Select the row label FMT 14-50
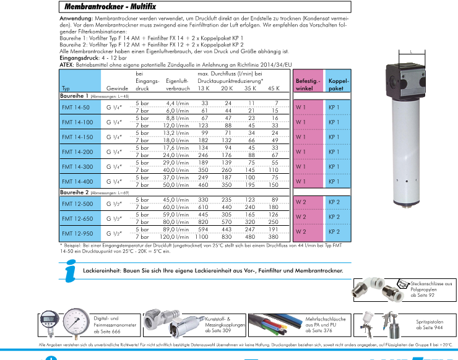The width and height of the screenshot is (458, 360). click(x=73, y=106)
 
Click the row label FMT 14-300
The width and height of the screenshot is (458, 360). click(x=75, y=167)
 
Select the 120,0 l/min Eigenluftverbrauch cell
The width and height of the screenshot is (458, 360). click(x=175, y=236)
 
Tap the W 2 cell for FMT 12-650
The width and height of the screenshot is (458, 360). click(x=301, y=216)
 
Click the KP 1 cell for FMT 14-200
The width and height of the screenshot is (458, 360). click(x=334, y=152)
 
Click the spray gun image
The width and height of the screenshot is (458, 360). click(x=387, y=320)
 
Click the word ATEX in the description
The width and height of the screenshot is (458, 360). click(x=67, y=64)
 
